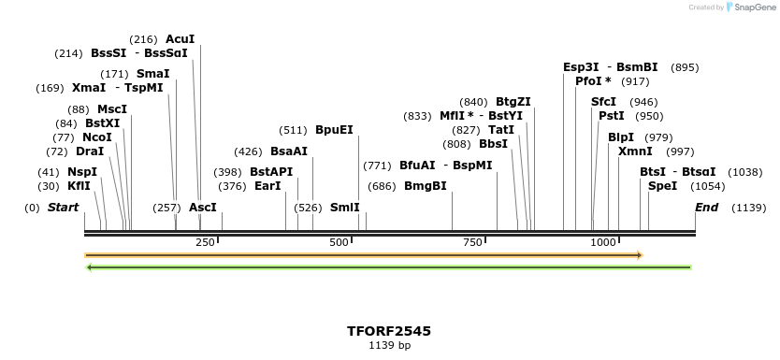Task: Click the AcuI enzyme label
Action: pyautogui.click(x=180, y=39)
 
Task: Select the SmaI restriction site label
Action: pyautogui.click(x=152, y=74)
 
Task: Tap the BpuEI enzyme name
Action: pyautogui.click(x=334, y=130)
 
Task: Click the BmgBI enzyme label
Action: pyautogui.click(x=426, y=186)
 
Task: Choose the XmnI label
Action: pyautogui.click(x=635, y=151)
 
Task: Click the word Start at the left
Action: pyautogui.click(x=63, y=207)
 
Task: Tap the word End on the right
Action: pyautogui.click(x=706, y=207)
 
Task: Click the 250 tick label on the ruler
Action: pyautogui.click(x=205, y=242)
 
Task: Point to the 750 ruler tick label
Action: pyautogui.click(x=470, y=242)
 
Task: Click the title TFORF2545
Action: pyautogui.click(x=389, y=331)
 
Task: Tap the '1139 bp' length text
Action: pyautogui.click(x=389, y=346)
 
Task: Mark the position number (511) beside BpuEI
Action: pyautogui.click(x=294, y=130)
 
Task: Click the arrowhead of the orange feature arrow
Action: pyautogui.click(x=640, y=254)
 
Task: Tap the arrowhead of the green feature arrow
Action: pyautogui.click(x=89, y=267)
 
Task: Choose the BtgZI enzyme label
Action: pyautogui.click(x=513, y=102)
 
